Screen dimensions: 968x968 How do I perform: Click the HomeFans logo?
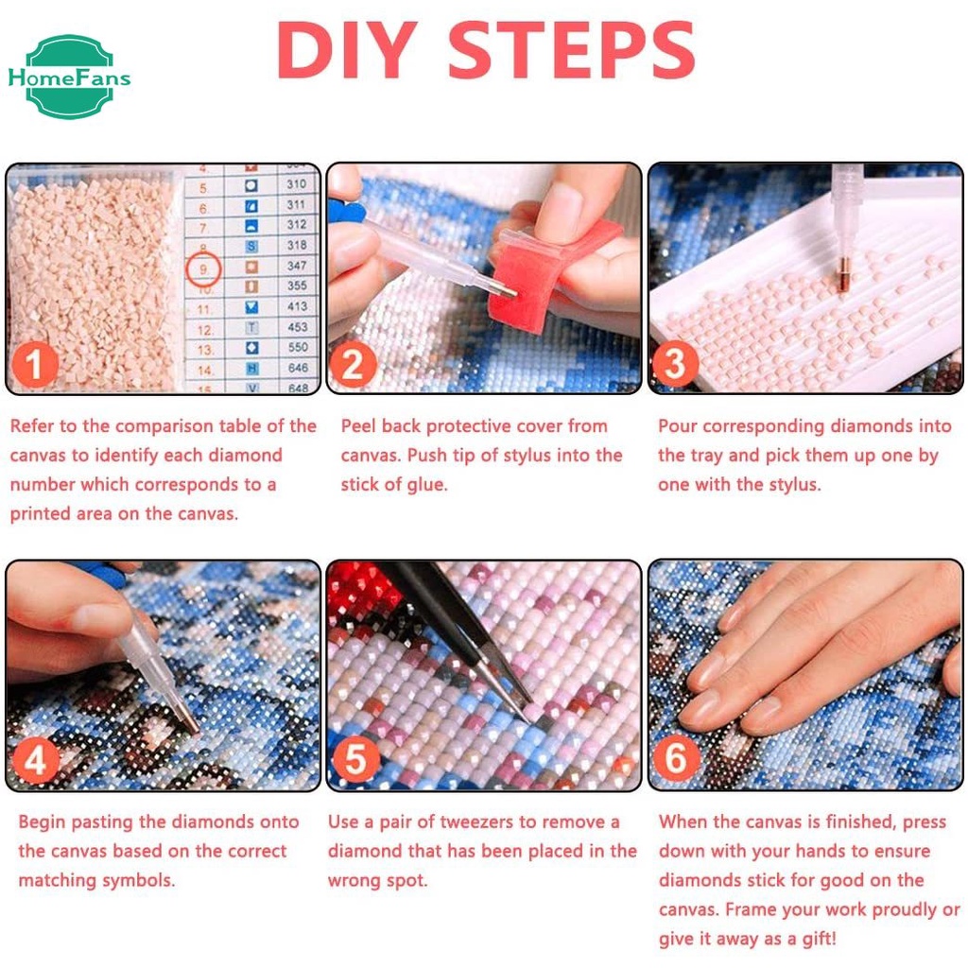coord(69,77)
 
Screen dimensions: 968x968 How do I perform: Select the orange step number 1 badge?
coord(35,364)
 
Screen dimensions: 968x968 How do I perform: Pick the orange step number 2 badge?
coord(354,364)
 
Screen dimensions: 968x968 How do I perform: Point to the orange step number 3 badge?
coord(674,364)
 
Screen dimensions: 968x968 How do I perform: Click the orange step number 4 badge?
coord(35,759)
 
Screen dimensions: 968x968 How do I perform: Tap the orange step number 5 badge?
coord(355,759)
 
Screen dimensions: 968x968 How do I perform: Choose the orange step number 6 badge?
coord(675,758)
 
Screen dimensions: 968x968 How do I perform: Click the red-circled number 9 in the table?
coord(203,269)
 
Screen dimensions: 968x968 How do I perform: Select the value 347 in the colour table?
coord(297,266)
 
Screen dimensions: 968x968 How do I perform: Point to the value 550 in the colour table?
coord(298,347)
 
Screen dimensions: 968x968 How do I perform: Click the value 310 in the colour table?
coord(296,184)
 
